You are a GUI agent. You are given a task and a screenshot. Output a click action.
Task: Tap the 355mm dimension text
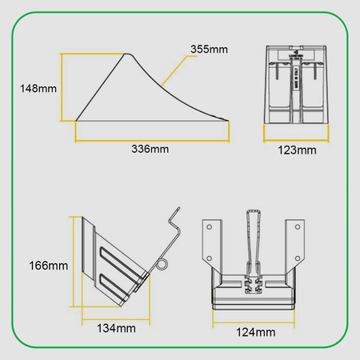(x=210, y=50)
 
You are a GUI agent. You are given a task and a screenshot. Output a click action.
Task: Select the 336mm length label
(x=152, y=149)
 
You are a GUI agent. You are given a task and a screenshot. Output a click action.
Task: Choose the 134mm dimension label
(x=116, y=328)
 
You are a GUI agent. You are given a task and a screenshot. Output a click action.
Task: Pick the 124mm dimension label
(x=255, y=331)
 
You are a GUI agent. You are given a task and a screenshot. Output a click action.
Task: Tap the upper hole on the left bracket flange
(x=210, y=228)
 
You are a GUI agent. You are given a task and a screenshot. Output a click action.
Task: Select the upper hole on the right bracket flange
(x=300, y=228)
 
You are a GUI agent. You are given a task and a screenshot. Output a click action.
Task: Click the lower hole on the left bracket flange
(x=210, y=258)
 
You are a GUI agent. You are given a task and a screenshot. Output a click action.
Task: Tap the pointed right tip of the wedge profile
(x=230, y=121)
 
